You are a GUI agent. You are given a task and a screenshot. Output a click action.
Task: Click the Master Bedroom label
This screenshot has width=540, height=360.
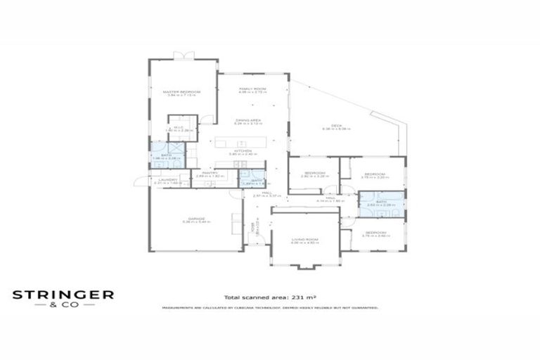[x=182, y=92]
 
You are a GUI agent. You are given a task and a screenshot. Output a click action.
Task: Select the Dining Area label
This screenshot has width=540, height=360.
[x=248, y=120]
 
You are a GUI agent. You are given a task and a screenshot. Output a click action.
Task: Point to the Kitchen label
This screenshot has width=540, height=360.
[x=243, y=150]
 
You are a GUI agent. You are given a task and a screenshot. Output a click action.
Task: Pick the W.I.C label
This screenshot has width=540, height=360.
[x=179, y=127]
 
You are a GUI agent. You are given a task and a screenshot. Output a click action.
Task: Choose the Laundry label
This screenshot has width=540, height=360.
[x=167, y=179]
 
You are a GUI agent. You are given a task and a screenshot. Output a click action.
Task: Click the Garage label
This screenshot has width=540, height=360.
[x=195, y=219]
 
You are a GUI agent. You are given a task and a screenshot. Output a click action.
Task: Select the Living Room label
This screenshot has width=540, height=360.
[x=305, y=240]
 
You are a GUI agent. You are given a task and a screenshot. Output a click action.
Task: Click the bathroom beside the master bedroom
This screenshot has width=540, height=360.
[x=167, y=156]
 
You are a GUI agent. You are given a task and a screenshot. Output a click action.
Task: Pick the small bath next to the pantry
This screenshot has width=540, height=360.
[x=250, y=179]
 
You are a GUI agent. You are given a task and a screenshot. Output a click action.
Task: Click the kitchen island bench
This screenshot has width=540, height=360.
[x=242, y=142]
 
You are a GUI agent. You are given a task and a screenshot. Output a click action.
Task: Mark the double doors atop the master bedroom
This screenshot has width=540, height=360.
[x=183, y=56]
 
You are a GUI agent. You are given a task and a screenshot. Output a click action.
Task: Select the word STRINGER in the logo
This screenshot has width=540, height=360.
[x=63, y=295]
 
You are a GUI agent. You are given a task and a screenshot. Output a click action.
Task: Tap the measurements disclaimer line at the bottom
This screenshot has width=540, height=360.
[x=270, y=308]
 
